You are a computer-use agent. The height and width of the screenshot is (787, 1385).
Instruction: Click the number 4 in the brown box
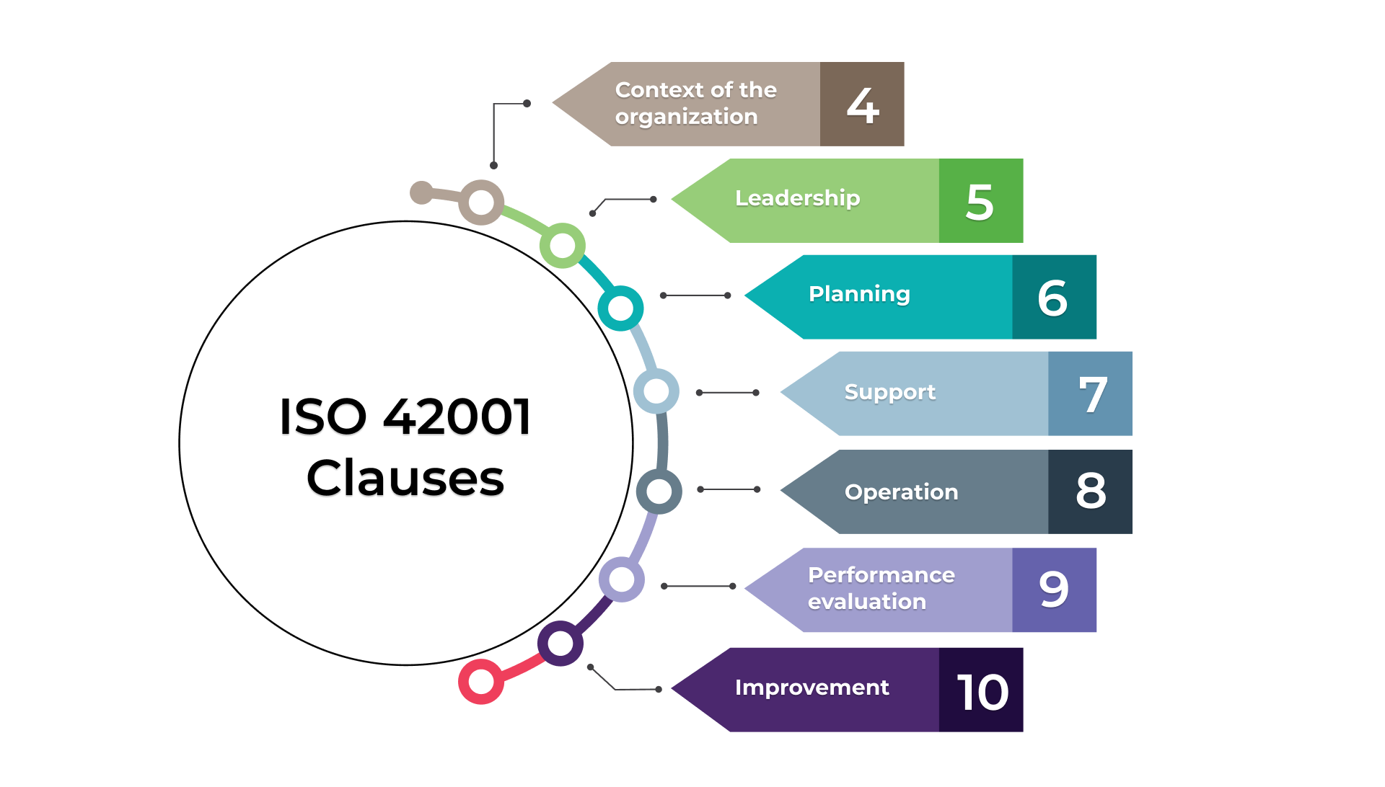click(x=863, y=105)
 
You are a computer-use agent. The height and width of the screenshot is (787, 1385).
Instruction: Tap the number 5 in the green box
click(x=980, y=202)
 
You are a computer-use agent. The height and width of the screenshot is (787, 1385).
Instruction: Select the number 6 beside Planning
click(x=1052, y=298)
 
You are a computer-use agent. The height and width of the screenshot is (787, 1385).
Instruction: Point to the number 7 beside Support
click(x=1092, y=395)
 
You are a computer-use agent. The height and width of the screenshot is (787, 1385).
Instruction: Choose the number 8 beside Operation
click(x=1090, y=491)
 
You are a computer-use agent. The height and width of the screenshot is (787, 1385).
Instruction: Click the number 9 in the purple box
click(x=1053, y=590)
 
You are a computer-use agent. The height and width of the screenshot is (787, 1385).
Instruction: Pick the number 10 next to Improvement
click(x=982, y=692)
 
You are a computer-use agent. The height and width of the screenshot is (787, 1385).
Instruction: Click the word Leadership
click(x=797, y=198)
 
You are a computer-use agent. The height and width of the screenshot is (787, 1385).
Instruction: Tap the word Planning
click(x=859, y=294)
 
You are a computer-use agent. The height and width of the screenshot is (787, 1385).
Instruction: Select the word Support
click(x=889, y=392)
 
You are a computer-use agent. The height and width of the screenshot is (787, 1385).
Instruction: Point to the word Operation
click(x=901, y=492)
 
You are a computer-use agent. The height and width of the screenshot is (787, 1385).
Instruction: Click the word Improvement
click(x=812, y=688)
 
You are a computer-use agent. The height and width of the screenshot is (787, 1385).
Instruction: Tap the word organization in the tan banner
click(x=686, y=117)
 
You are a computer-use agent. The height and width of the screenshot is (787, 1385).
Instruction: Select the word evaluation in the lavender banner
click(x=866, y=602)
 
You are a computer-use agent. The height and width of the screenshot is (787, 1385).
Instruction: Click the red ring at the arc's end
click(x=480, y=681)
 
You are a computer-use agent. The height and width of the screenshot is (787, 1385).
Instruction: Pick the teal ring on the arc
click(x=620, y=308)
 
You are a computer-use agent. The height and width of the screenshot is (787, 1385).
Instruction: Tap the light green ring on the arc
click(x=562, y=246)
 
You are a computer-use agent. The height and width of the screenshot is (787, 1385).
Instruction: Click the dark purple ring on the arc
click(x=560, y=643)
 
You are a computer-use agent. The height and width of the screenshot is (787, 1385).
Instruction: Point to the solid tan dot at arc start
click(x=421, y=192)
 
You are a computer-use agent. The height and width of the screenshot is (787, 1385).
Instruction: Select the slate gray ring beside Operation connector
click(x=659, y=492)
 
